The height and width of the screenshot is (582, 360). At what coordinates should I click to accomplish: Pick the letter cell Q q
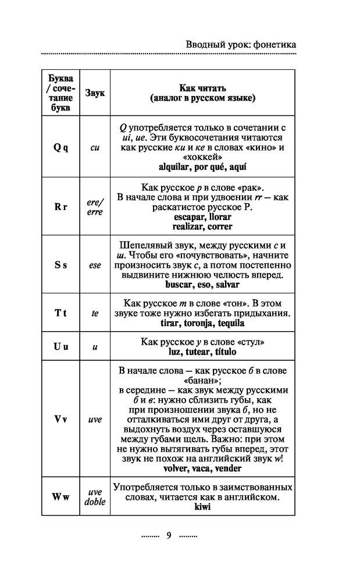(x=60, y=148)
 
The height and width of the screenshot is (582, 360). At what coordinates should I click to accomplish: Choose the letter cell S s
(x=60, y=265)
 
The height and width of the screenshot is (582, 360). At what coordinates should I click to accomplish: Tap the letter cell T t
(x=60, y=313)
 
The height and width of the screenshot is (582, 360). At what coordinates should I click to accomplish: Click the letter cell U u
(x=60, y=346)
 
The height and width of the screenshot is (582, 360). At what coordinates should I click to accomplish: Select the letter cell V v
(x=60, y=419)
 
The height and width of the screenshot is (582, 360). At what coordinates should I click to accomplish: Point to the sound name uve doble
(x=95, y=496)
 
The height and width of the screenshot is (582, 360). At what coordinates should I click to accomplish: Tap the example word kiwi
(x=202, y=506)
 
